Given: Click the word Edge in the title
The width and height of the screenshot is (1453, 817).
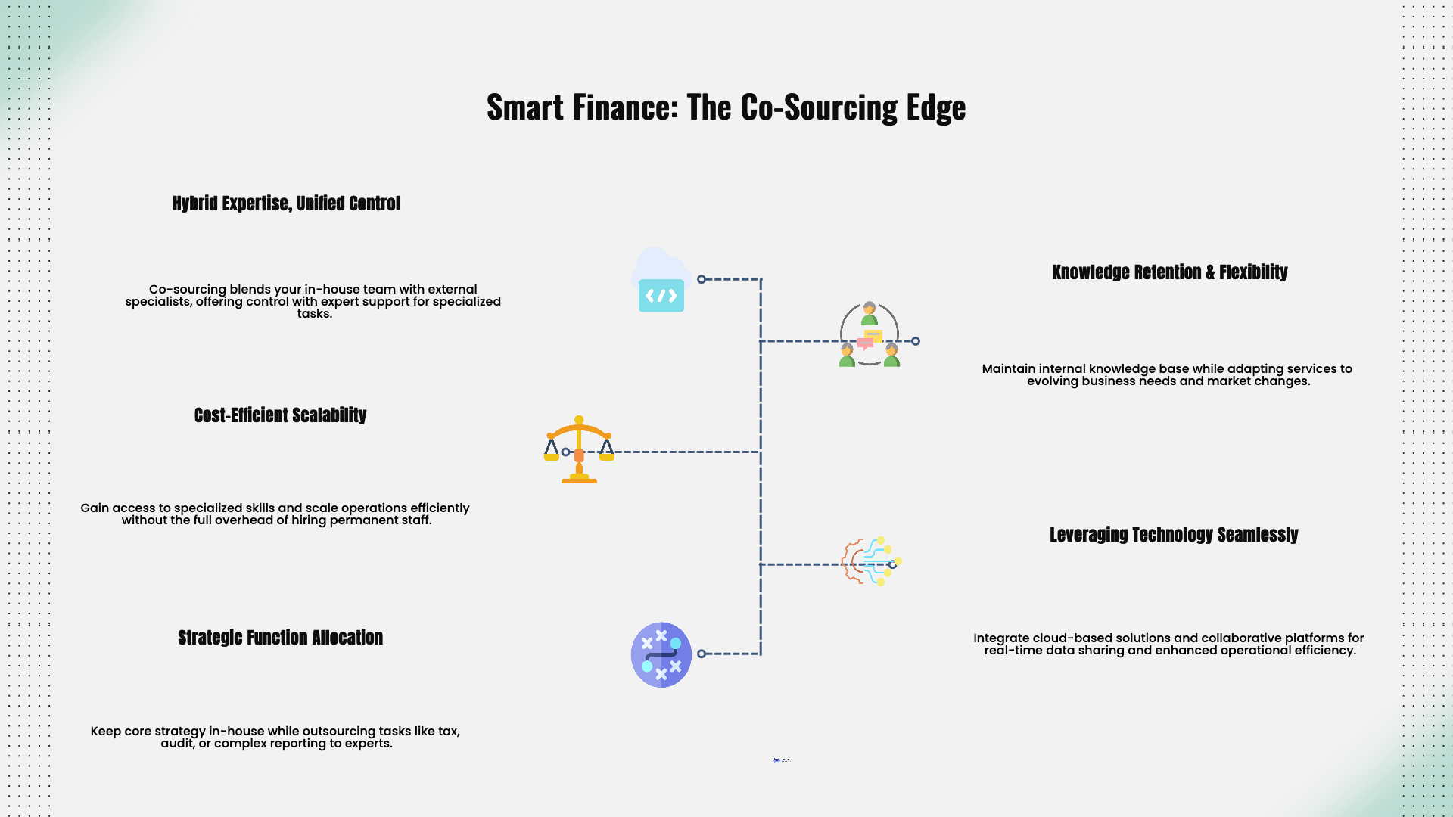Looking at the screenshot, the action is click(x=936, y=107).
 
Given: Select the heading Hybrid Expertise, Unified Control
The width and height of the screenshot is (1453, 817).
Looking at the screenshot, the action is click(x=286, y=203).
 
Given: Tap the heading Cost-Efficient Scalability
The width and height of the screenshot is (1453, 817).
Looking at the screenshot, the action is click(x=280, y=415).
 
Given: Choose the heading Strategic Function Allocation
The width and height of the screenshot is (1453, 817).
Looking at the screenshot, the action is click(x=280, y=638).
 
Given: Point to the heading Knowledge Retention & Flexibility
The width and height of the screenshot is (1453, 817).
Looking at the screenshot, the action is click(x=1169, y=272).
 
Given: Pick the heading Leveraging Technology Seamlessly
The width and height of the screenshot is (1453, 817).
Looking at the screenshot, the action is click(x=1173, y=535).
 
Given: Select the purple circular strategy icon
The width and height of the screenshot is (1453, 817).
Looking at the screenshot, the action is click(x=661, y=654).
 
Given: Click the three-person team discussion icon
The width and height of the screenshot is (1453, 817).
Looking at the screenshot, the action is click(x=869, y=334).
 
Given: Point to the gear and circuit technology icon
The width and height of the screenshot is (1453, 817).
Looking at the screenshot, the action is click(x=870, y=561).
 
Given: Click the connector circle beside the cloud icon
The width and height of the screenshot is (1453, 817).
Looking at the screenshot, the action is click(x=702, y=279).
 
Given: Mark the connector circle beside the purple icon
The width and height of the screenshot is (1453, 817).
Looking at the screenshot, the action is click(x=702, y=654).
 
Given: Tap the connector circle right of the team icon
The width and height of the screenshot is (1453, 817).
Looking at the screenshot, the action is click(x=916, y=341).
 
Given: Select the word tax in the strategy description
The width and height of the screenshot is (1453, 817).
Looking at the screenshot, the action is click(x=448, y=732).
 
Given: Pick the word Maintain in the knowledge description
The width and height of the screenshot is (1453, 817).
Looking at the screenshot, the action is click(x=1008, y=369).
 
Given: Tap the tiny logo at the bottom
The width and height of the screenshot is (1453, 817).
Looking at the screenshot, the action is click(x=782, y=760).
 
